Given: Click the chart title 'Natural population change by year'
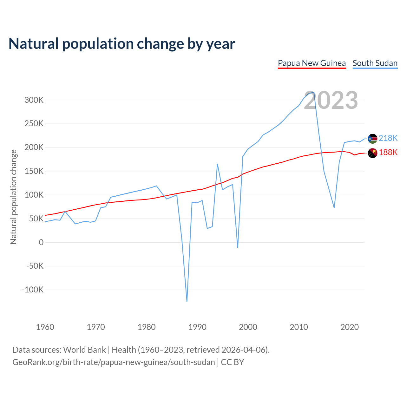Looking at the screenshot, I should [122, 44].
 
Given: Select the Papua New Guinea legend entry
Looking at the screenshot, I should [311, 63].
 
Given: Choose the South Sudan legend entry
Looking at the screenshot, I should [375, 63].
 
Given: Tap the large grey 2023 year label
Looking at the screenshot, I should [331, 100].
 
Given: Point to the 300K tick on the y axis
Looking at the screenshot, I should [34, 100].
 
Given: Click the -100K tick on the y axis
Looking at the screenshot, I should [33, 290].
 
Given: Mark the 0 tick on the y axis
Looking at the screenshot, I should [41, 242].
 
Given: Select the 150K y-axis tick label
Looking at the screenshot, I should [34, 171].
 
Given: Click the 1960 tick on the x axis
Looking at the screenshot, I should [45, 327].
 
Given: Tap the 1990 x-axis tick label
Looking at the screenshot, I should [197, 327].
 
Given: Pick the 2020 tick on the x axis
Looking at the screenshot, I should [349, 327].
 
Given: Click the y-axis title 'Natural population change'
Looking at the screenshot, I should [14, 197].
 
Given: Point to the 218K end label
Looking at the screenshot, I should [388, 138].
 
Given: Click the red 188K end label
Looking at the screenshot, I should [388, 153].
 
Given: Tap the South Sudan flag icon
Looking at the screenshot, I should [372, 139].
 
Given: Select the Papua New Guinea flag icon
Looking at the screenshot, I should [372, 153].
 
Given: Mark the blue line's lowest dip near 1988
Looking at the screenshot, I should [187, 301].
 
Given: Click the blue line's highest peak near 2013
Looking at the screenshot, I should [314, 92].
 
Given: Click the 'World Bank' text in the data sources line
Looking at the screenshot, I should [84, 350].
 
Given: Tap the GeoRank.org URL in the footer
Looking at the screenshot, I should [114, 362].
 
